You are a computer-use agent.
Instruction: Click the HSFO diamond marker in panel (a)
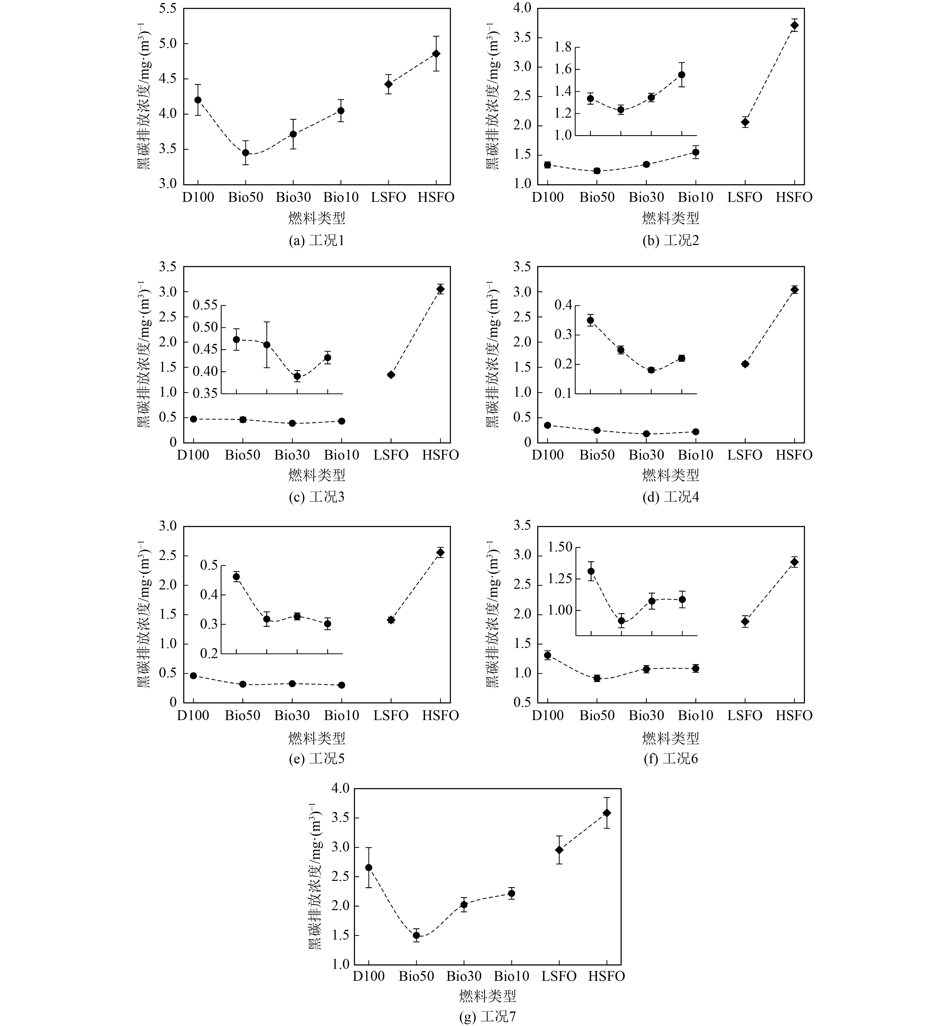click(436, 54)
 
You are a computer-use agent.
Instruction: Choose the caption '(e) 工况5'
click(317, 759)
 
